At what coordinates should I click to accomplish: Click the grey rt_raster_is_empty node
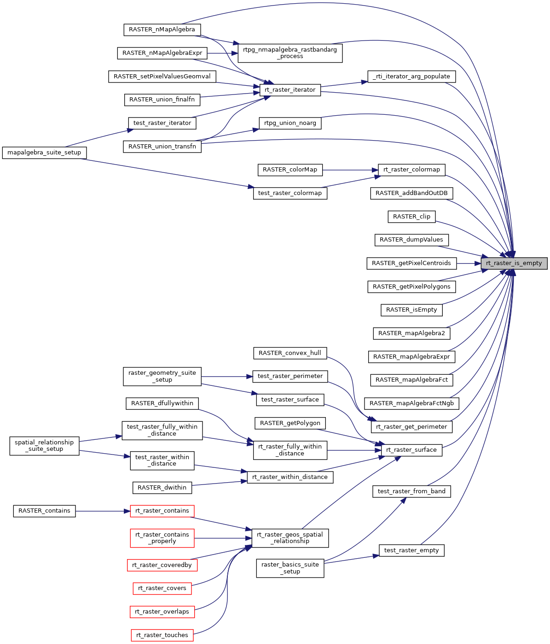point(514,263)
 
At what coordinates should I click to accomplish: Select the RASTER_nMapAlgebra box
point(162,30)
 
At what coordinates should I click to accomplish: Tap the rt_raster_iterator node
point(290,90)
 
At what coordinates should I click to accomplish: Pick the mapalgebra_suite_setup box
point(44,153)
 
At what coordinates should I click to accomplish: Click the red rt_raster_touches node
point(162,635)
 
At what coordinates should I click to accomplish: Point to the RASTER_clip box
point(411,217)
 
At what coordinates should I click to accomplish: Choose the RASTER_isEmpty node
point(411,310)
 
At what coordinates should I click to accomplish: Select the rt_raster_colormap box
point(411,170)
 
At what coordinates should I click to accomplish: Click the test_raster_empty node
point(411,550)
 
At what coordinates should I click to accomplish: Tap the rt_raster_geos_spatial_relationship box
point(290,538)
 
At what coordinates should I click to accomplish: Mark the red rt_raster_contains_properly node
point(162,538)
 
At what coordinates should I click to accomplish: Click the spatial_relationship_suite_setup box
point(44,446)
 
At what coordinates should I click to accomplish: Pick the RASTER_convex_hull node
point(290,353)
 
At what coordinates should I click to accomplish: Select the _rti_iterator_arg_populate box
point(411,77)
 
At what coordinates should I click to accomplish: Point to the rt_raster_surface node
point(411,450)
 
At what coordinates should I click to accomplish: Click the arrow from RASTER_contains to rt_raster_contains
point(103,511)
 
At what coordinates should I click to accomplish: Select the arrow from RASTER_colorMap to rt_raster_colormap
point(350,170)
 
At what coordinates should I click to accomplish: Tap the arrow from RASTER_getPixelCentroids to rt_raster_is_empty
point(469,263)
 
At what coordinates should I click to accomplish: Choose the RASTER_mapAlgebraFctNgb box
point(411,403)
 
